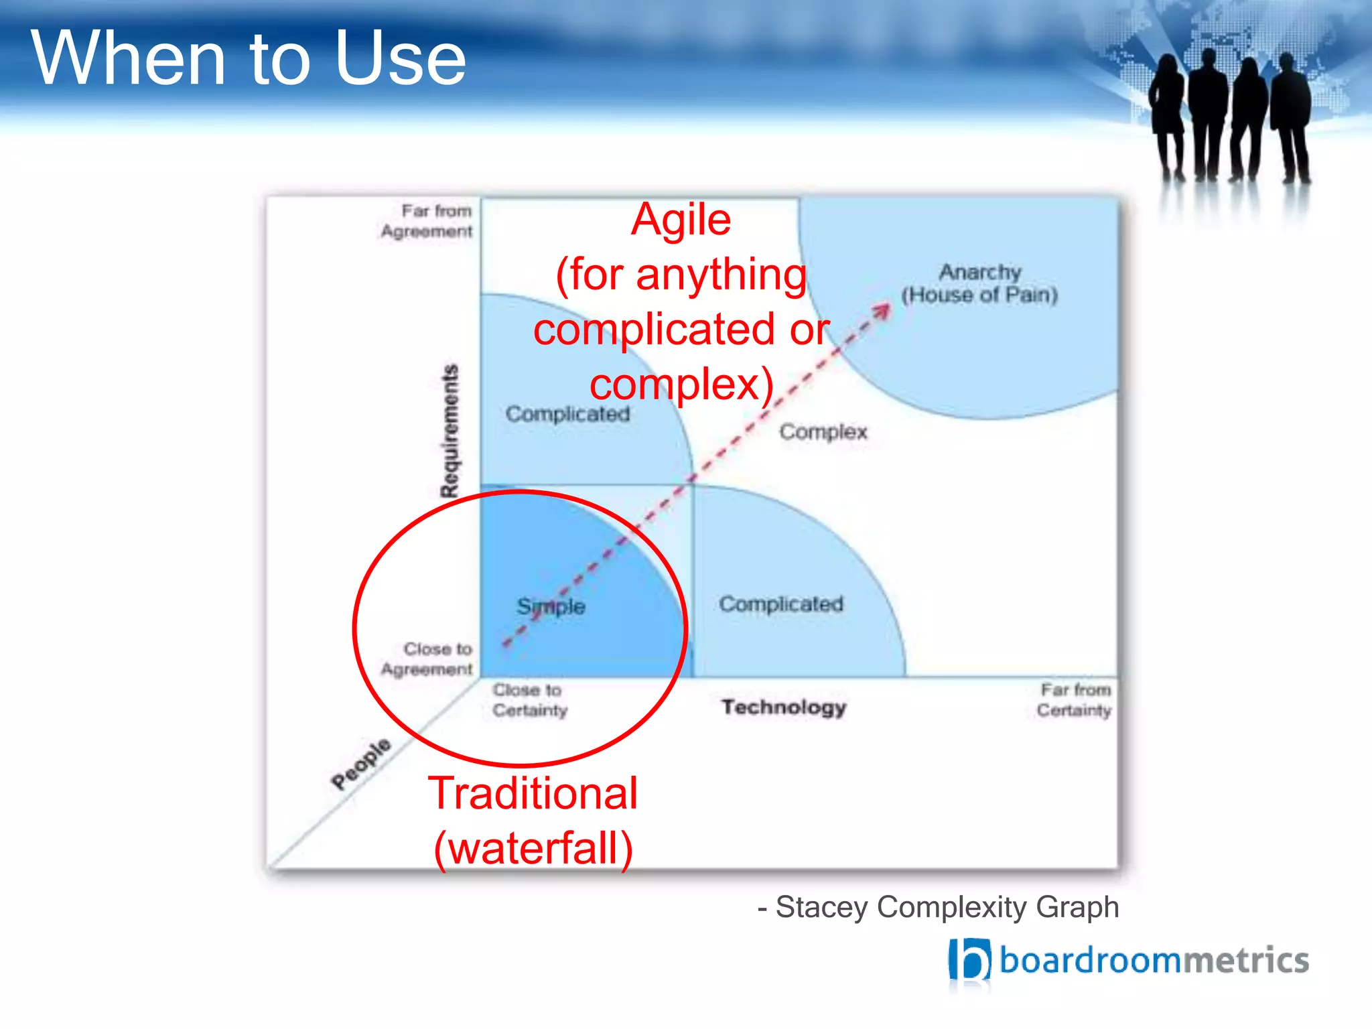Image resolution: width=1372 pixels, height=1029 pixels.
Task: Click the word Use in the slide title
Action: [400, 59]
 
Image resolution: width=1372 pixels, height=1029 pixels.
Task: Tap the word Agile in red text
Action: [681, 220]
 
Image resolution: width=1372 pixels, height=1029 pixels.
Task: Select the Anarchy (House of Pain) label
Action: [979, 283]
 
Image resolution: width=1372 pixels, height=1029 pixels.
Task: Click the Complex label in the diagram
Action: [823, 431]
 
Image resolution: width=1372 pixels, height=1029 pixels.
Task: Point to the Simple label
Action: [551, 606]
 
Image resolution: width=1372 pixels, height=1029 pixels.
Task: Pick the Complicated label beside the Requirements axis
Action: [567, 414]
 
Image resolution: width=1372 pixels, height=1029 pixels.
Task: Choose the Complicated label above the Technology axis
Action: [781, 604]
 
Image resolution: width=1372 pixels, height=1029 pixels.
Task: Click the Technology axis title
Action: [784, 707]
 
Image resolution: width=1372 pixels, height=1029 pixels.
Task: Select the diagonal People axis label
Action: [361, 764]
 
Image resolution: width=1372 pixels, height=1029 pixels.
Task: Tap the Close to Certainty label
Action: [529, 700]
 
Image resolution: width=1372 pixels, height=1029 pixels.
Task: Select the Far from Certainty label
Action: [1075, 700]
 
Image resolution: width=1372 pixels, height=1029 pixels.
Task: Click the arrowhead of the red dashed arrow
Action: [884, 310]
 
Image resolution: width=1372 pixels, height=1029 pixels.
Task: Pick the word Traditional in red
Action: [533, 794]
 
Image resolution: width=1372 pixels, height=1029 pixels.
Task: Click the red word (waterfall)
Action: [533, 849]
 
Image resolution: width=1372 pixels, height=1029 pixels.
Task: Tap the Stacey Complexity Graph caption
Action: [938, 908]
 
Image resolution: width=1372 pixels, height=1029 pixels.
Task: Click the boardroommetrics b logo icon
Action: [969, 960]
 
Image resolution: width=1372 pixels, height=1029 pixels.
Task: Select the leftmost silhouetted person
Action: [1167, 117]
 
